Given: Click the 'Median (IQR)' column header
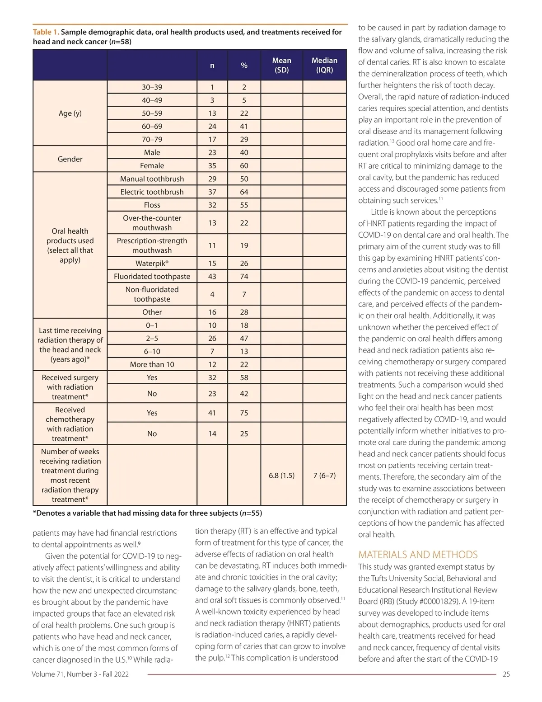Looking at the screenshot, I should click(324, 65).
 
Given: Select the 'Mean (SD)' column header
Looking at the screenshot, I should click(281, 65).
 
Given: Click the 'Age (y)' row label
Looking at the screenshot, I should click(70, 113).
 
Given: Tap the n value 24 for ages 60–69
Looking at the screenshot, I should click(212, 127).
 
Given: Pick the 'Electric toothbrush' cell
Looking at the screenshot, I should click(152, 192).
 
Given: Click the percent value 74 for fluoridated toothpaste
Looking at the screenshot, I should click(244, 277).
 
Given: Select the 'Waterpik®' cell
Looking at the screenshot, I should click(152, 264).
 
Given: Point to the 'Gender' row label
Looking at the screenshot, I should click(70, 159).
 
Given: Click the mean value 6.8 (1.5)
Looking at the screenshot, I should click(281, 476).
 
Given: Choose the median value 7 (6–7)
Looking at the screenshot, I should click(324, 476).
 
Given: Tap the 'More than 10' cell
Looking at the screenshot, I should click(152, 365).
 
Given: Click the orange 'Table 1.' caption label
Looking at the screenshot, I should click(46, 32).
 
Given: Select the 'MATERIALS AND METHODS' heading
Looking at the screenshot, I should click(418, 555).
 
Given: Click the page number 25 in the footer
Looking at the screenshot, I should click(506, 674).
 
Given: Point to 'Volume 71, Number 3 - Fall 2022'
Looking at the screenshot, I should click(80, 674).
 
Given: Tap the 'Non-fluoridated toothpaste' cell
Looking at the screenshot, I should click(152, 294).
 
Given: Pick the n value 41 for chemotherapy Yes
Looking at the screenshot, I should click(212, 413).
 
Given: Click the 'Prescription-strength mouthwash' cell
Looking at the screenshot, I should click(152, 245).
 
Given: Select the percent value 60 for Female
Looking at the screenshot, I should click(244, 166).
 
